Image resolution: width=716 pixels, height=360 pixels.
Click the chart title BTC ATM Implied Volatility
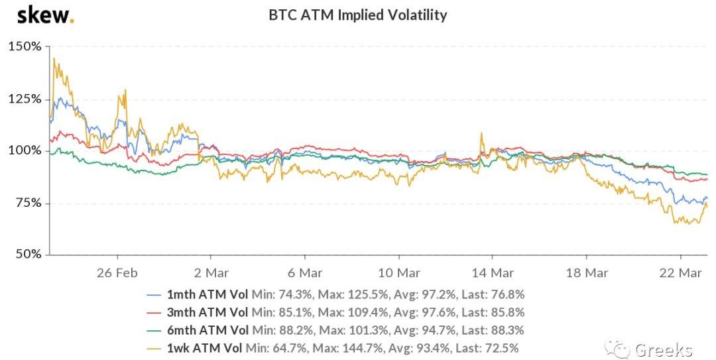[357, 15]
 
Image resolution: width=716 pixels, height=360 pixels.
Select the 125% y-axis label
[25, 99]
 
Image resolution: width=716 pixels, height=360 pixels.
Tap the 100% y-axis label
[25, 150]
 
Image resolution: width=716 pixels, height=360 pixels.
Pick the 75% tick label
[27, 202]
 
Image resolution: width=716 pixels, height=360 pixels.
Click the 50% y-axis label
[27, 254]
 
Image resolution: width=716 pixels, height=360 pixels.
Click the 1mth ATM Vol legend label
[207, 294]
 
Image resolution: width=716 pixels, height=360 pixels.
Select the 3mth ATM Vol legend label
[207, 312]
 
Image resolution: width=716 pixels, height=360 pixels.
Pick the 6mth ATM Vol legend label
[207, 330]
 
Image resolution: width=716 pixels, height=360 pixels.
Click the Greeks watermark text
[664, 349]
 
